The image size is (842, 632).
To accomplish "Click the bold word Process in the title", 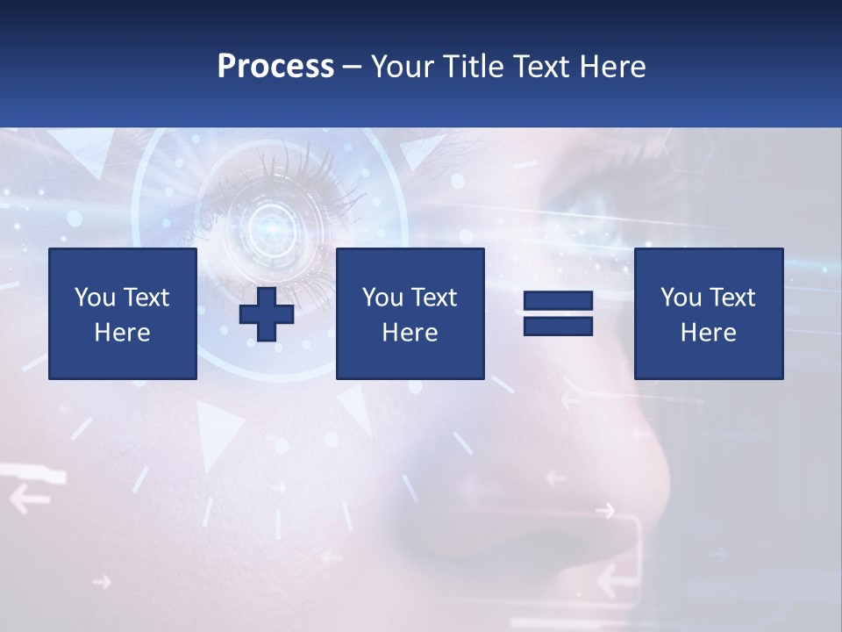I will [x=275, y=67].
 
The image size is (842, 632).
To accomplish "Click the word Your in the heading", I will [x=403, y=67].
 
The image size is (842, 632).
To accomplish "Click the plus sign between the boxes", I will [x=267, y=314].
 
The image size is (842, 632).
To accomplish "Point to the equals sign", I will [x=558, y=313].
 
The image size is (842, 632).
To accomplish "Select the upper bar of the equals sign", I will [x=558, y=301].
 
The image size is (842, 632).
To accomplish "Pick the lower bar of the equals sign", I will [x=558, y=326].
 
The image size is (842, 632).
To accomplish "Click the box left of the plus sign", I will [x=123, y=313].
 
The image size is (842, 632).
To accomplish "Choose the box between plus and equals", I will [x=410, y=313].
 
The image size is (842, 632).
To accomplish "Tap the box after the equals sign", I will [x=709, y=313].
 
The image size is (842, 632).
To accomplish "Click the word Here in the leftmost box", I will [x=123, y=333].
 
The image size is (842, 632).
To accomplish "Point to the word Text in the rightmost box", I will [x=731, y=298].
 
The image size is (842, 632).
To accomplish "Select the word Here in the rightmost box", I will [x=709, y=333].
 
